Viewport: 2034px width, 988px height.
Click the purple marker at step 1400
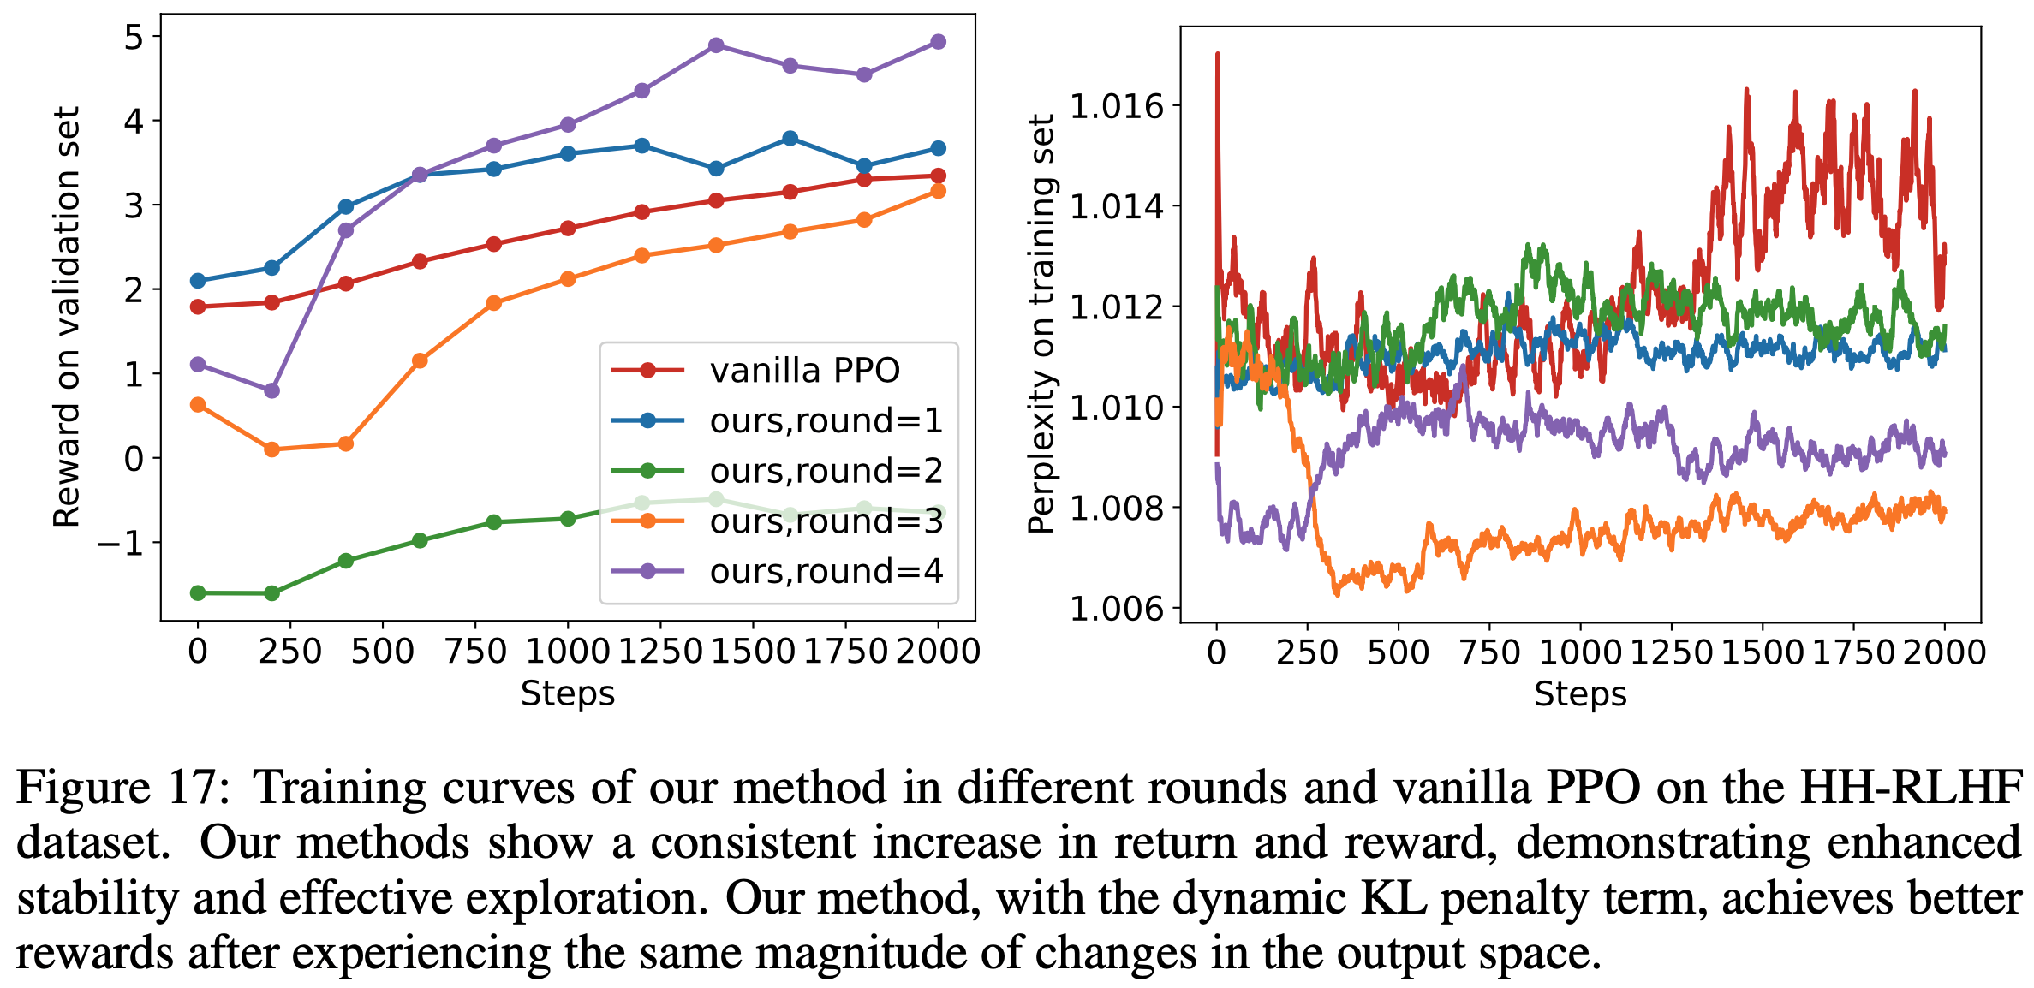click(x=716, y=45)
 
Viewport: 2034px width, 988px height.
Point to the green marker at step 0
click(x=198, y=592)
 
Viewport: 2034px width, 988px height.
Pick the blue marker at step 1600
click(x=790, y=139)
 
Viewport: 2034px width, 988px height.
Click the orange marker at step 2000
click(x=938, y=191)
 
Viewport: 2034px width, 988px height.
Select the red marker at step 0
click(x=198, y=307)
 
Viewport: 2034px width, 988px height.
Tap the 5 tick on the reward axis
click(x=134, y=37)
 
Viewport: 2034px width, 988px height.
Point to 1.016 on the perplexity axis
click(x=1117, y=106)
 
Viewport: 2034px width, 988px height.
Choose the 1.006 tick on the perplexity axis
click(x=1117, y=609)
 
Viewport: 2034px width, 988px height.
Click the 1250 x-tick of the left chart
click(x=659, y=652)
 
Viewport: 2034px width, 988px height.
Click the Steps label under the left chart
click(x=568, y=693)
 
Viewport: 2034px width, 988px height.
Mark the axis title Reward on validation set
click(x=67, y=317)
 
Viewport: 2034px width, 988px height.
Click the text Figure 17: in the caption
click(x=122, y=788)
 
